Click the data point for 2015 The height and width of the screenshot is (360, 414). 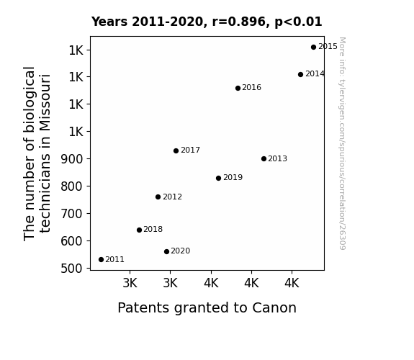pos(313,48)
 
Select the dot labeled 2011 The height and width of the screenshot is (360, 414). pos(101,260)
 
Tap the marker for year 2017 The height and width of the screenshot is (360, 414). pos(176,150)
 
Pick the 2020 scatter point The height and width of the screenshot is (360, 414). pos(166,251)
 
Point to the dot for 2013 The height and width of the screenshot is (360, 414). pos(264,158)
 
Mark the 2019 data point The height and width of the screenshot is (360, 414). pos(218,179)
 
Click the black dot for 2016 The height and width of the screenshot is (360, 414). pos(238,89)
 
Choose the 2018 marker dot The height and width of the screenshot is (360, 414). pos(140,230)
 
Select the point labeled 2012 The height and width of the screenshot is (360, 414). pos(158,197)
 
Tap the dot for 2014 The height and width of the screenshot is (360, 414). pos(300,74)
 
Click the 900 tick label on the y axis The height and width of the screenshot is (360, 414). pos(72,159)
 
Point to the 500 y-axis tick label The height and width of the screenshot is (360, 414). pos(72,269)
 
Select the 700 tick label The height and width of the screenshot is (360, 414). pos(72,214)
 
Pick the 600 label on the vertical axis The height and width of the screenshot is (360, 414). pos(72,241)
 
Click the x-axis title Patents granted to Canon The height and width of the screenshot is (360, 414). pos(207,308)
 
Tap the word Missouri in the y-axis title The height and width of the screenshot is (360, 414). pos(45,102)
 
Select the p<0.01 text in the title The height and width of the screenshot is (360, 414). pos(298,22)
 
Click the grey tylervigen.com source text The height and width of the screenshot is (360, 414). pos(342,143)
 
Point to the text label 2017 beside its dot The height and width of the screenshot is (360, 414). pos(190,150)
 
